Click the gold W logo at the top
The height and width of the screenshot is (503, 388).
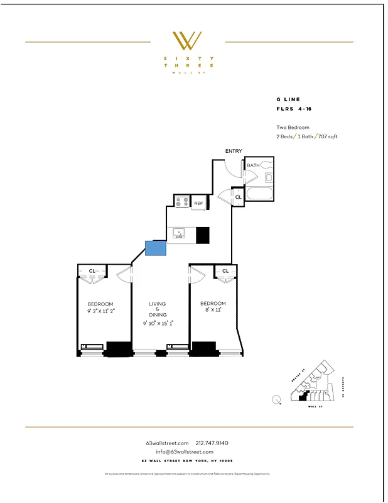pyautogui.click(x=187, y=41)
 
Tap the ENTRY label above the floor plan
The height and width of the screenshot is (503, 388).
pyautogui.click(x=234, y=151)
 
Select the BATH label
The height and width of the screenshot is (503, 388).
pyautogui.click(x=253, y=165)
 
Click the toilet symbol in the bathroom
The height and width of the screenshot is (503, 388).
pyautogui.click(x=267, y=165)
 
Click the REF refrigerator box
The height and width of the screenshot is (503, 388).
pyautogui.click(x=198, y=203)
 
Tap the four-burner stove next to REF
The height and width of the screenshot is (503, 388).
pyautogui.click(x=181, y=202)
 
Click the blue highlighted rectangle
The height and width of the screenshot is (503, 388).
pyautogui.click(x=156, y=248)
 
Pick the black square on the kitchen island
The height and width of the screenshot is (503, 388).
pyautogui.click(x=203, y=235)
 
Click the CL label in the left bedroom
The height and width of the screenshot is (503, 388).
pyautogui.click(x=92, y=271)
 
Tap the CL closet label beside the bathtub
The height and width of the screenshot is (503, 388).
pyautogui.click(x=238, y=197)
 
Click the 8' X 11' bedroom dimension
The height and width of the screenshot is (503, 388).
pyautogui.click(x=213, y=311)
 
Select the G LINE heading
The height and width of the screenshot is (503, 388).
pyautogui.click(x=288, y=99)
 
